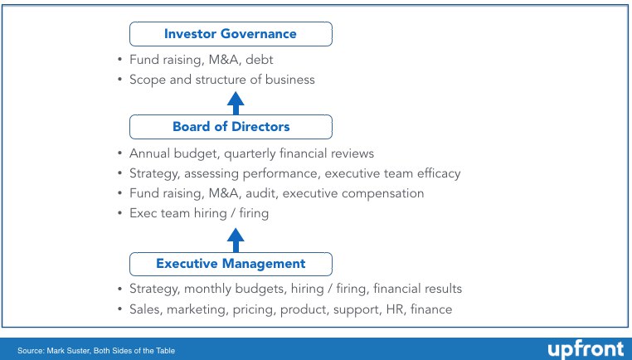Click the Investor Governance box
click(231, 34)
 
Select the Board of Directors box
click(231, 127)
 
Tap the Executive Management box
click(231, 264)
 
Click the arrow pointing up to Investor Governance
click(236, 103)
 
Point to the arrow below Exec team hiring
click(236, 241)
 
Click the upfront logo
click(586, 349)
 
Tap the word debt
click(259, 60)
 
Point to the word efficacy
click(439, 173)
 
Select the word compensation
click(382, 194)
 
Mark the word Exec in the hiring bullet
click(143, 213)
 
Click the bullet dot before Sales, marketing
click(119, 309)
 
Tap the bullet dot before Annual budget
click(119, 153)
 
